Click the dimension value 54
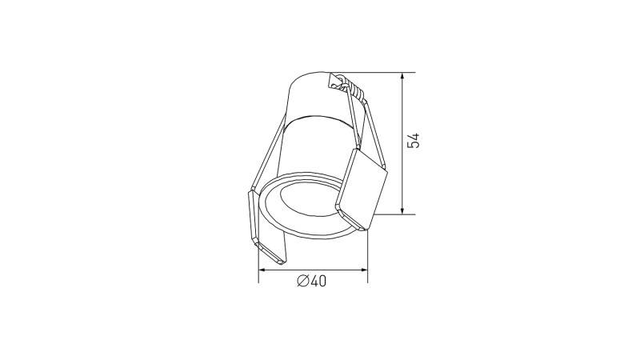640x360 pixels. [x=413, y=142]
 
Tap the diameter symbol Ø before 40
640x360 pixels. [x=302, y=281]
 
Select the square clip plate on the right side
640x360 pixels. [x=362, y=187]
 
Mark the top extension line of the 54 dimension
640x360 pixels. [x=376, y=73]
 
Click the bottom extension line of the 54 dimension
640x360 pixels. [x=388, y=214]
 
